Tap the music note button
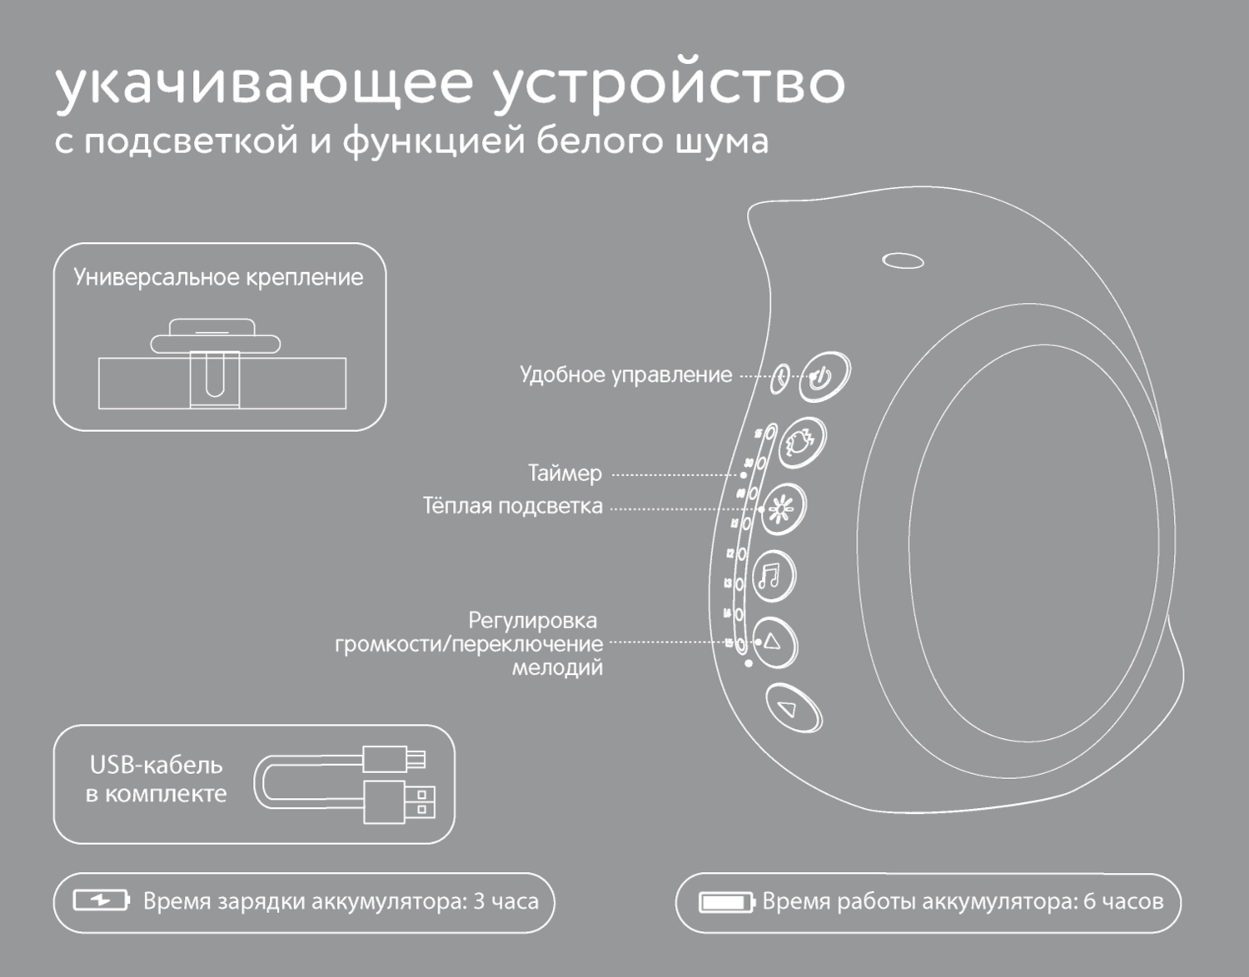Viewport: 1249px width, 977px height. pos(774,576)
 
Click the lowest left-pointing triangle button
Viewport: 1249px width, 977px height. pos(792,708)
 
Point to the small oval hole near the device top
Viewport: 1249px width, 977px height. pos(903,261)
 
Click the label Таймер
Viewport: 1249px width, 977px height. pos(565,474)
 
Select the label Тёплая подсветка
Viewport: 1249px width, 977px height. pos(512,506)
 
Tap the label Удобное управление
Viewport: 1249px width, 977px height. pos(625,374)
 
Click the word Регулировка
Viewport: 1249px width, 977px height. pos(532,620)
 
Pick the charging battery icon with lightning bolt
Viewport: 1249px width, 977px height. pos(101,900)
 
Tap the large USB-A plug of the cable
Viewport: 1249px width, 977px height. pos(399,801)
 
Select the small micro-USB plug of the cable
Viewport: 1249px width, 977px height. pos(395,758)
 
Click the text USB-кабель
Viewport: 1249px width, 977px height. pos(156,765)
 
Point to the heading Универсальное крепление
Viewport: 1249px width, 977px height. pos(218,277)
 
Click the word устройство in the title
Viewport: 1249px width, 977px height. pos(669,83)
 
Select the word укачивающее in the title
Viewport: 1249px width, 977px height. pos(264,83)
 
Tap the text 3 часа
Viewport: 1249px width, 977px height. pos(505,901)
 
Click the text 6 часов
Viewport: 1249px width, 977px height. pos(1122,901)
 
